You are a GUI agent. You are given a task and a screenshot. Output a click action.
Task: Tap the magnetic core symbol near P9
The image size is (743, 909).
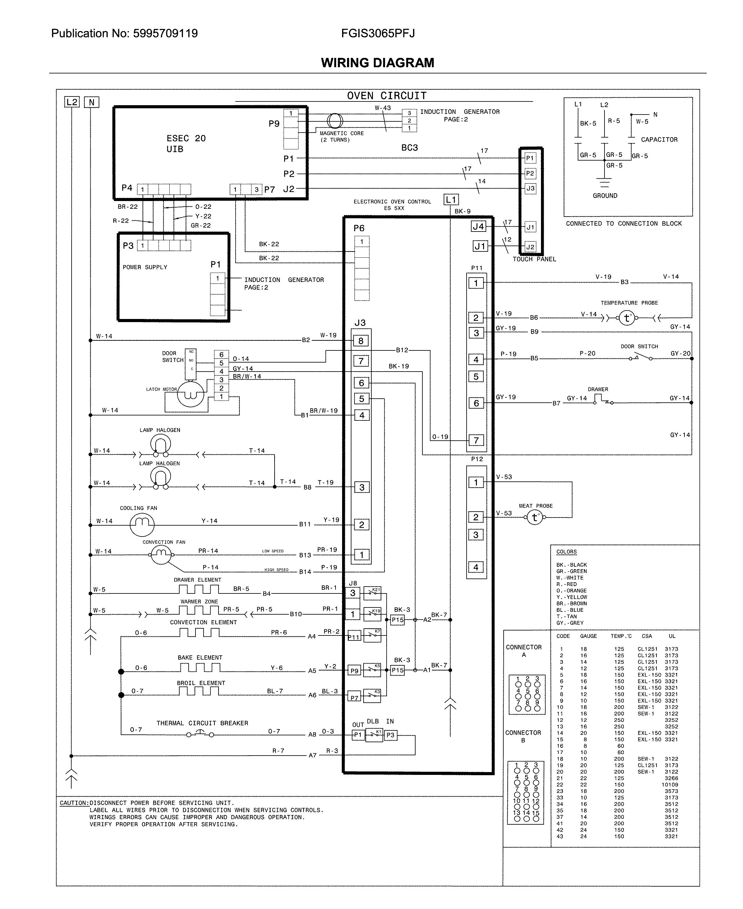(335, 121)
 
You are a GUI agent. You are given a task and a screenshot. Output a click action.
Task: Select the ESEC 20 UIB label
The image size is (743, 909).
(186, 143)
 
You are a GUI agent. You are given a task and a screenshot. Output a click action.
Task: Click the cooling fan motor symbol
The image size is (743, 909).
(142, 524)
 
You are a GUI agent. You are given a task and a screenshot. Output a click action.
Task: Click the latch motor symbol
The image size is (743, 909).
(190, 394)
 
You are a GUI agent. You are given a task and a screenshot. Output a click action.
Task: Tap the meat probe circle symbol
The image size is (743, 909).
(534, 518)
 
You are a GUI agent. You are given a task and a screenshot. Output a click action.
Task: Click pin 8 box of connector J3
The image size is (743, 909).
(361, 341)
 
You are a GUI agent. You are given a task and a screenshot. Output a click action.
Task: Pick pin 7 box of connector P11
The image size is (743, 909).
(476, 440)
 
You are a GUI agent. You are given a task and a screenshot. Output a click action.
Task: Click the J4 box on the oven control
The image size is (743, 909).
(478, 226)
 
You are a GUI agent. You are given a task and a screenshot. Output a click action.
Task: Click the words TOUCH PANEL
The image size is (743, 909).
(534, 259)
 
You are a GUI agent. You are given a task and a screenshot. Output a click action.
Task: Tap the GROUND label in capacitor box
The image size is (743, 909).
(605, 195)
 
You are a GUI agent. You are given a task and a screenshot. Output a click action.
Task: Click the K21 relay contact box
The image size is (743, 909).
(372, 593)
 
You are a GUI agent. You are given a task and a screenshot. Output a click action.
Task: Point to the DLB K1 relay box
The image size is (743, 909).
(374, 735)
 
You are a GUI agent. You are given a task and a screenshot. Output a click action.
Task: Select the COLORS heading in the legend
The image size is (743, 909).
(566, 552)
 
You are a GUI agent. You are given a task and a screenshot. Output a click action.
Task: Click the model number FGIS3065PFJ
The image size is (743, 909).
(378, 33)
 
